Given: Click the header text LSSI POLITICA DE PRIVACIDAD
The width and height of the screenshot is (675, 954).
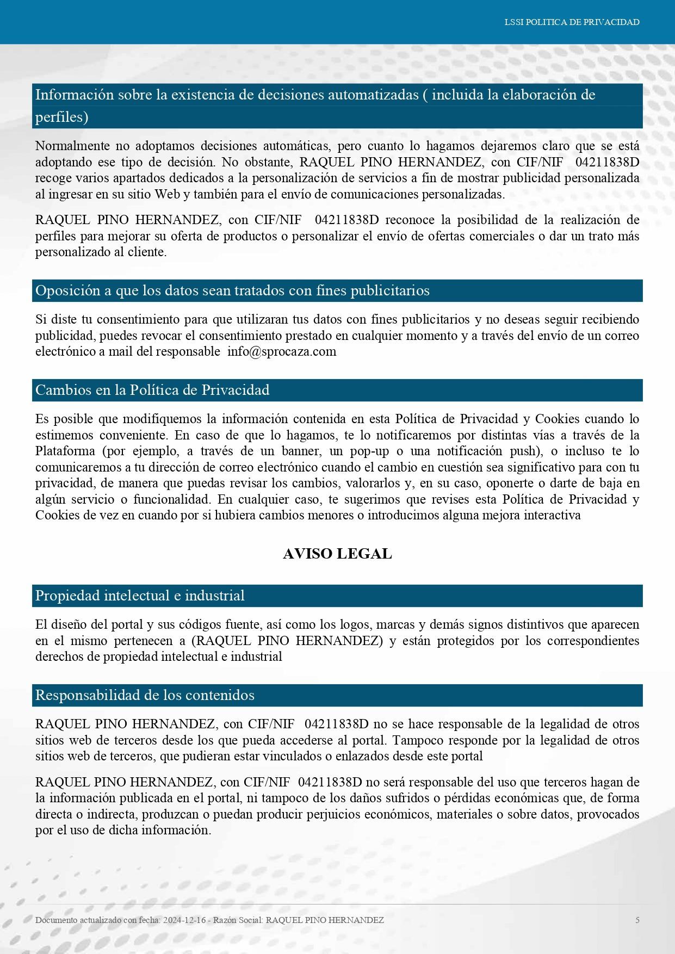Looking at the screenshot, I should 572,22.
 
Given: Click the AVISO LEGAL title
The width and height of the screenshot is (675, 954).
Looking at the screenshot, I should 337,554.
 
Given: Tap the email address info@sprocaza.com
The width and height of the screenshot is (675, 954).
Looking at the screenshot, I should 282,351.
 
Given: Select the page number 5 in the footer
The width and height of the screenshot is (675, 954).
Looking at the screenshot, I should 637,920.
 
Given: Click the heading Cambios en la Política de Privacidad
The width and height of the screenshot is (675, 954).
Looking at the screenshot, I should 152,390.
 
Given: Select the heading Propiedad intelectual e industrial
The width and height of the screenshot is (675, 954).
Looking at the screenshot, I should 140,596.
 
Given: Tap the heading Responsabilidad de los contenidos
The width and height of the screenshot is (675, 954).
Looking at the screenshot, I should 145,695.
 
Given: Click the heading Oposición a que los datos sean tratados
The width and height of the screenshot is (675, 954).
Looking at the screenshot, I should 232,290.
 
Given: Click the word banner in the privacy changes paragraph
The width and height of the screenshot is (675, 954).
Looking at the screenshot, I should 302,451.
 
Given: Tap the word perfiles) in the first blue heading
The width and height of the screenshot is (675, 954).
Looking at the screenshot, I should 61,117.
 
